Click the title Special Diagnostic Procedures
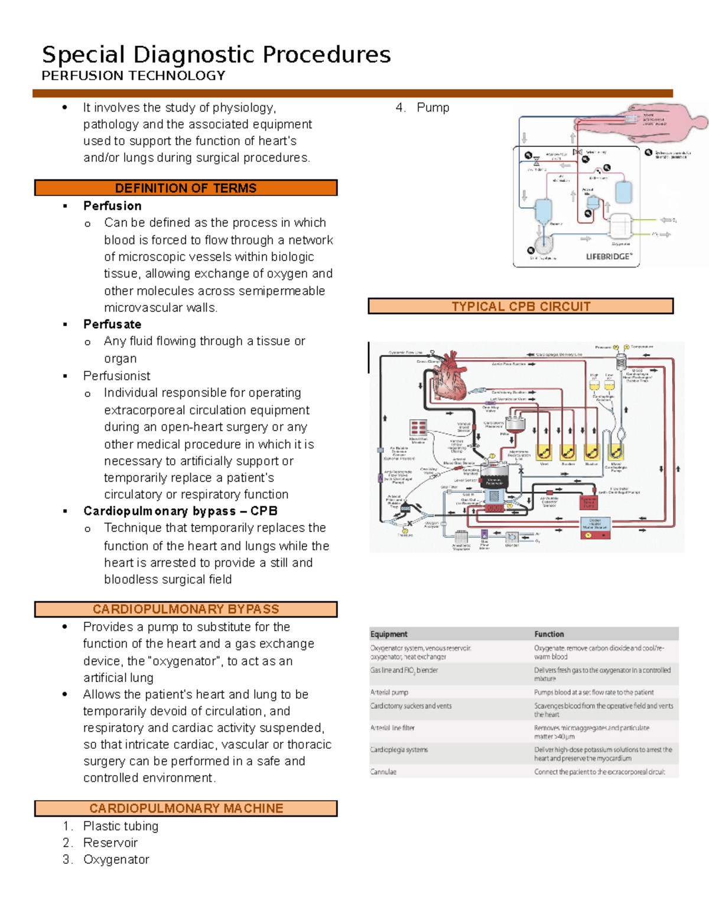click(216, 54)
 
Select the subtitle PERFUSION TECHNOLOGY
click(134, 76)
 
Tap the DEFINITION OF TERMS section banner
click(186, 188)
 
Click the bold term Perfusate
click(112, 324)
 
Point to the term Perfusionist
click(116, 376)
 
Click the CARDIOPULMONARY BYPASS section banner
click(186, 609)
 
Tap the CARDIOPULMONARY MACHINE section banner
click(186, 808)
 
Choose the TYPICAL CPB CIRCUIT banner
click(521, 306)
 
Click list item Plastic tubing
click(121, 825)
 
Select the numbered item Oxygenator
click(116, 859)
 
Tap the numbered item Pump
click(432, 107)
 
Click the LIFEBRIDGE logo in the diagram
click(609, 256)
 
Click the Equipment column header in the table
click(389, 634)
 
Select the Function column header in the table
click(549, 634)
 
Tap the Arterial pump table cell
click(389, 692)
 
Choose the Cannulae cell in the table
click(383, 772)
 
